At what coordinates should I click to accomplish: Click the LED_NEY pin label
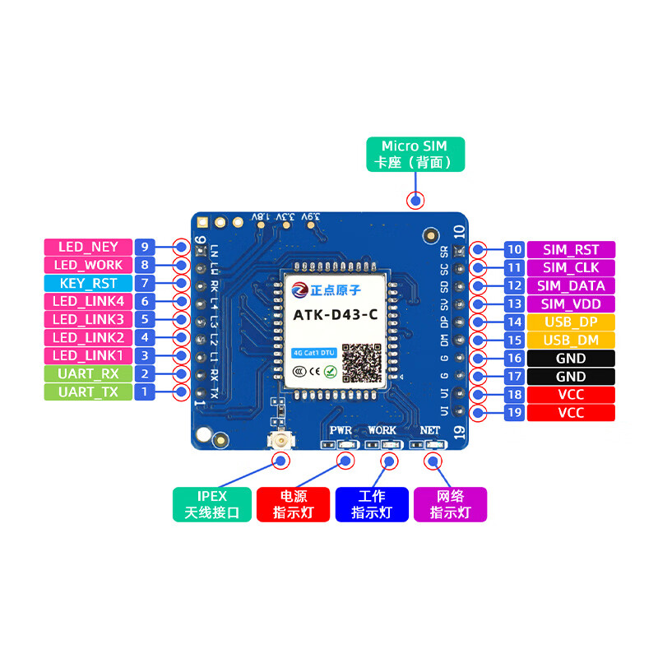click(x=88, y=247)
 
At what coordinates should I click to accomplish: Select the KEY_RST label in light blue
click(x=88, y=283)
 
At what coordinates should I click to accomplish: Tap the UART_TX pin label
click(x=88, y=392)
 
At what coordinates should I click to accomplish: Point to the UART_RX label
click(x=88, y=373)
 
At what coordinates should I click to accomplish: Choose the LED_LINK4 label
click(x=88, y=301)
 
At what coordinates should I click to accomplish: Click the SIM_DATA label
click(x=571, y=286)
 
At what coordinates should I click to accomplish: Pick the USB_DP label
click(x=571, y=322)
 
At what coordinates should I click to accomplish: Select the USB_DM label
click(x=571, y=341)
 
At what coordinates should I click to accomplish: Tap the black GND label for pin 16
click(x=571, y=359)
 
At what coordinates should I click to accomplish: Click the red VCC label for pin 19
click(x=571, y=413)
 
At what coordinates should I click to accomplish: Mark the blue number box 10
click(x=515, y=250)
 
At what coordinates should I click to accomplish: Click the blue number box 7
click(x=145, y=283)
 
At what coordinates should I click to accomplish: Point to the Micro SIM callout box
click(x=415, y=154)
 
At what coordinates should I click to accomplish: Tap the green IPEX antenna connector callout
click(x=211, y=504)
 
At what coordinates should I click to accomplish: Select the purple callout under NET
click(x=450, y=504)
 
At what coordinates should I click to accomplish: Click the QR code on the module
click(x=362, y=361)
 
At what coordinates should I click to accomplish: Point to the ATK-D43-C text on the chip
click(x=336, y=313)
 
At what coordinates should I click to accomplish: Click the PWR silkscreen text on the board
click(x=341, y=430)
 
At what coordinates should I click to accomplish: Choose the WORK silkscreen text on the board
click(x=382, y=430)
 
